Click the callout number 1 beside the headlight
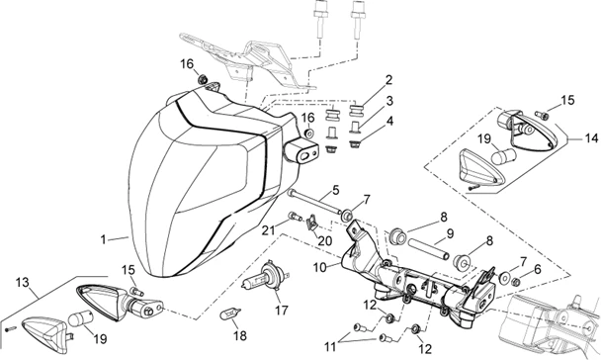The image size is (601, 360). pos(103,239)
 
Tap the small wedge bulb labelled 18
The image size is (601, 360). pos(230,314)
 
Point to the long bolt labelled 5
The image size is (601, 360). pos(314,202)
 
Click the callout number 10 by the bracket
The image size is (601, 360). pos(320,267)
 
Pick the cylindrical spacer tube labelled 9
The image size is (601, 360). pos(428,249)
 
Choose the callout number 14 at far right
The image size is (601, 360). pos(590,138)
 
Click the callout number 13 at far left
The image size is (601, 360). pos(23,283)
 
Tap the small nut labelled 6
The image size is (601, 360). pos(516,282)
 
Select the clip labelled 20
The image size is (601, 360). pos(312,224)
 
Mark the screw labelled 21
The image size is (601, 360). pos(296,217)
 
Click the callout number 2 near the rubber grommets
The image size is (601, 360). pos(388,80)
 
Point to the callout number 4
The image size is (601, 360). pos(389,122)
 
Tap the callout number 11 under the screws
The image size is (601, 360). pos(330,347)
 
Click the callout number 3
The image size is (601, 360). pos(389,101)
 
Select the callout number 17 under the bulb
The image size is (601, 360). pos(281,310)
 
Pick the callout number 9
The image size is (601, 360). pos(450,233)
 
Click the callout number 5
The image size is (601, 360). pos(336,190)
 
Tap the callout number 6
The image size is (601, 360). pos(537,270)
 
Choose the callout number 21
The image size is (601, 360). pos(269,230)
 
